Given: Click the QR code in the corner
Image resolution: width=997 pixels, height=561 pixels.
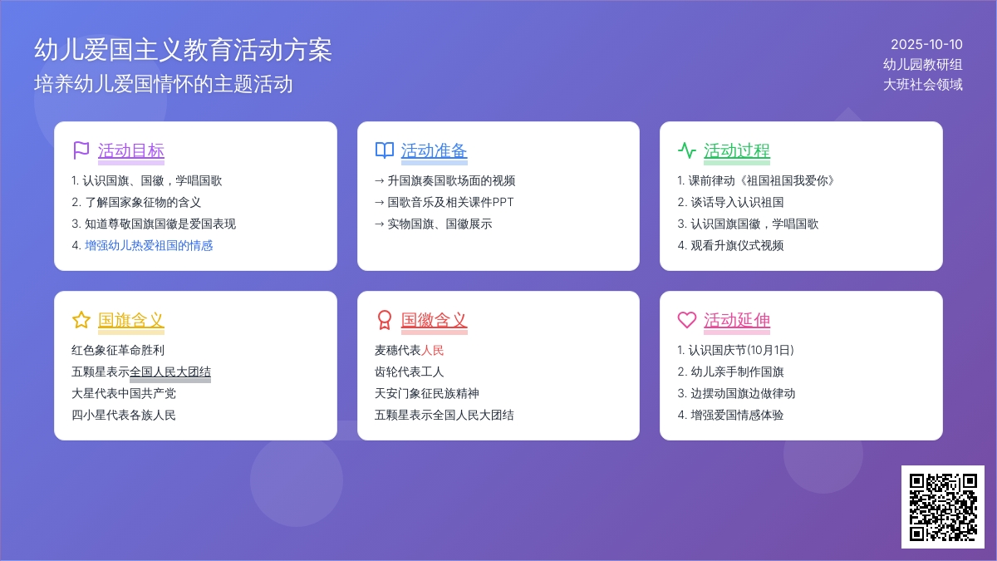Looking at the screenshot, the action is tap(943, 507).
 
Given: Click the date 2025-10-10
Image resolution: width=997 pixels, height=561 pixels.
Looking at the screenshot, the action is tap(926, 45).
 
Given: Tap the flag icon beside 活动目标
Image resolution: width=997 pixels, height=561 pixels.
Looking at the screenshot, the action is tap(81, 150).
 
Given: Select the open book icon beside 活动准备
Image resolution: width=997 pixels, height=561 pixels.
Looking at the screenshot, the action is tap(384, 150).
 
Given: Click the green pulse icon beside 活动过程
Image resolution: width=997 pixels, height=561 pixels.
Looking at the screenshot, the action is tap(687, 150).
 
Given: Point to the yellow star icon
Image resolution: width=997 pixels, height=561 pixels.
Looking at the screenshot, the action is tap(81, 320).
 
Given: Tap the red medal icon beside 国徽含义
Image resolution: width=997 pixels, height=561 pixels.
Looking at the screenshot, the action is tap(384, 320).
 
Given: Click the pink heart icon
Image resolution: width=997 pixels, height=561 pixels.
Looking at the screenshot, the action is tap(687, 320).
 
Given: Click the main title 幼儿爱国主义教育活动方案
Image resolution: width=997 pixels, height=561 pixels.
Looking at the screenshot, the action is tap(183, 49).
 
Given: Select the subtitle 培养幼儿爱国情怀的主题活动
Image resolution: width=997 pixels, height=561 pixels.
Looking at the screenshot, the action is tap(164, 84).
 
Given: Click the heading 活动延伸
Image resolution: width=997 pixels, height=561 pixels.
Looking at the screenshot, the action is tap(737, 320).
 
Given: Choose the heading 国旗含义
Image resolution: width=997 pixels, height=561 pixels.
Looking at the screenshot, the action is tap(131, 320).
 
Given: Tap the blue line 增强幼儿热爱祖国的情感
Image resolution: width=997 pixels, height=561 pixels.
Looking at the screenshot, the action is tap(149, 245).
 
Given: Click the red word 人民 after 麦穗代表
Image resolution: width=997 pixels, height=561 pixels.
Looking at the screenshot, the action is tap(432, 351).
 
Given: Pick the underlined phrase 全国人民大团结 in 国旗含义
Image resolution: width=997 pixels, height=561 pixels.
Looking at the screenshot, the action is tap(170, 372).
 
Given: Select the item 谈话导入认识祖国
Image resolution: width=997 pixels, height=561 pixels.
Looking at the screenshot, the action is tap(737, 202).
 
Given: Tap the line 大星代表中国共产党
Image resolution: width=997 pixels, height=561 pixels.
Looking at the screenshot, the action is tap(124, 394).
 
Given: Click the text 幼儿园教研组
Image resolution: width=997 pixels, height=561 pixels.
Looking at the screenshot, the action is tap(923, 65).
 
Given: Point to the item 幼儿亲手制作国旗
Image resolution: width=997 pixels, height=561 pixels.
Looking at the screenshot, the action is tap(737, 372).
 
